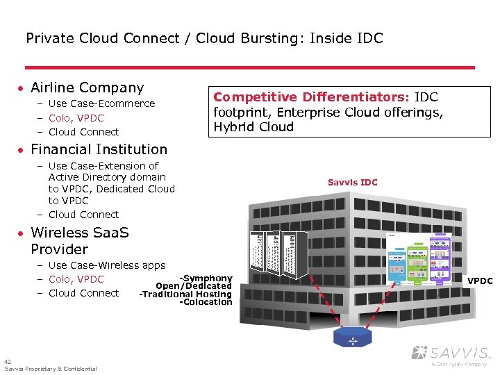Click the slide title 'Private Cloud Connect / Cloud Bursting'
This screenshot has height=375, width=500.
point(203,38)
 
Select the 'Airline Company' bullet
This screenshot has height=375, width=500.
point(87,87)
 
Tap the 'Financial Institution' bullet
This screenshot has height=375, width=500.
point(99,149)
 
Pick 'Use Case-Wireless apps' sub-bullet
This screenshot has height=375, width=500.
point(106,265)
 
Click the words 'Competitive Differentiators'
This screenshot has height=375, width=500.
point(312,97)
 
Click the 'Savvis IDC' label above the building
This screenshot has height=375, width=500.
point(352,183)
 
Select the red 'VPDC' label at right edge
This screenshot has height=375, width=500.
point(480,281)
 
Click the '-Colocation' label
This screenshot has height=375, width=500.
point(206,302)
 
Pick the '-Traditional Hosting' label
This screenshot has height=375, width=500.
point(185,294)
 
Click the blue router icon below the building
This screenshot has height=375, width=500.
point(353,338)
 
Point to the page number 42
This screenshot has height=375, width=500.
point(7,362)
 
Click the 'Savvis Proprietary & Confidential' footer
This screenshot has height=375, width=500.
point(51,369)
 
